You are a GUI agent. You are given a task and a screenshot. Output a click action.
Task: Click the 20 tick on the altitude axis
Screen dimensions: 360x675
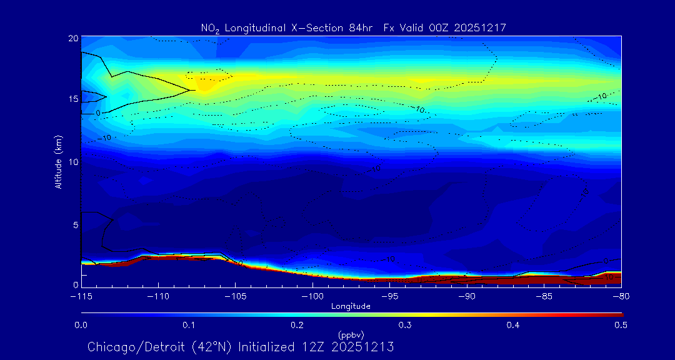coord(72,38)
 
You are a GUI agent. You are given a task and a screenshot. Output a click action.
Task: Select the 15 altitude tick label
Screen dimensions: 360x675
coord(72,99)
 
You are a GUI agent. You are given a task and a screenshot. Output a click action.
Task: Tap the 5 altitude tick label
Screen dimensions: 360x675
coord(75,224)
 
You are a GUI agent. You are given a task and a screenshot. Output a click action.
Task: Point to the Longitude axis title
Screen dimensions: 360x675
coord(351,306)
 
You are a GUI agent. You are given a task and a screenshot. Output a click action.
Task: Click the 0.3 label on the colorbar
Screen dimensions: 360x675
coord(405,325)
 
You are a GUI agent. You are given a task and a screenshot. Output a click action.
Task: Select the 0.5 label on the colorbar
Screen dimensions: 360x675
coord(621,325)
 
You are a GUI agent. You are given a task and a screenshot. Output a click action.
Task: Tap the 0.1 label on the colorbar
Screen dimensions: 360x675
coord(189,325)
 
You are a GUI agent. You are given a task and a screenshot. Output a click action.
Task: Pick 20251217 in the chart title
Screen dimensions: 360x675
coord(482,27)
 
